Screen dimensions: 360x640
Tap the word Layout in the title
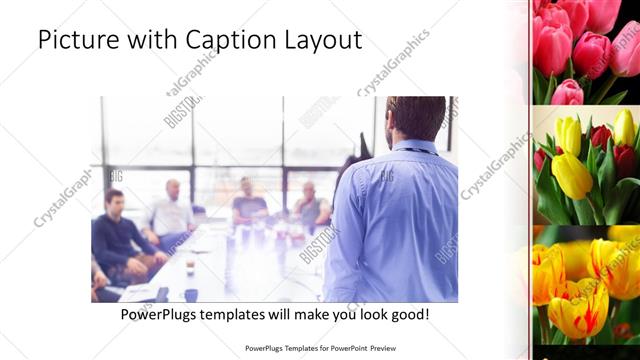point(319,41)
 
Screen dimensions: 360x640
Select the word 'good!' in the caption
point(409,315)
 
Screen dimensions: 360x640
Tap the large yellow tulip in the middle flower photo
point(571,172)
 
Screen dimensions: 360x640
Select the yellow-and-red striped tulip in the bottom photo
point(577,305)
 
